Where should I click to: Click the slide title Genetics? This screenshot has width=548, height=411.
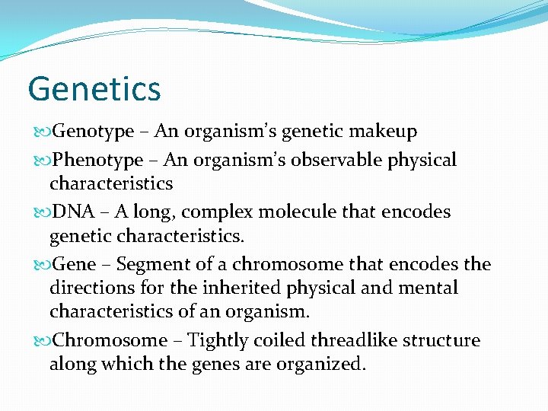pyautogui.click(x=94, y=88)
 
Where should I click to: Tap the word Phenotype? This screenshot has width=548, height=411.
pyautogui.click(x=97, y=160)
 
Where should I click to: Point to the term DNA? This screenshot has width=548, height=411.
pyautogui.click(x=72, y=212)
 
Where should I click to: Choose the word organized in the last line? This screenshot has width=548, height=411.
pyautogui.click(x=317, y=364)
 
